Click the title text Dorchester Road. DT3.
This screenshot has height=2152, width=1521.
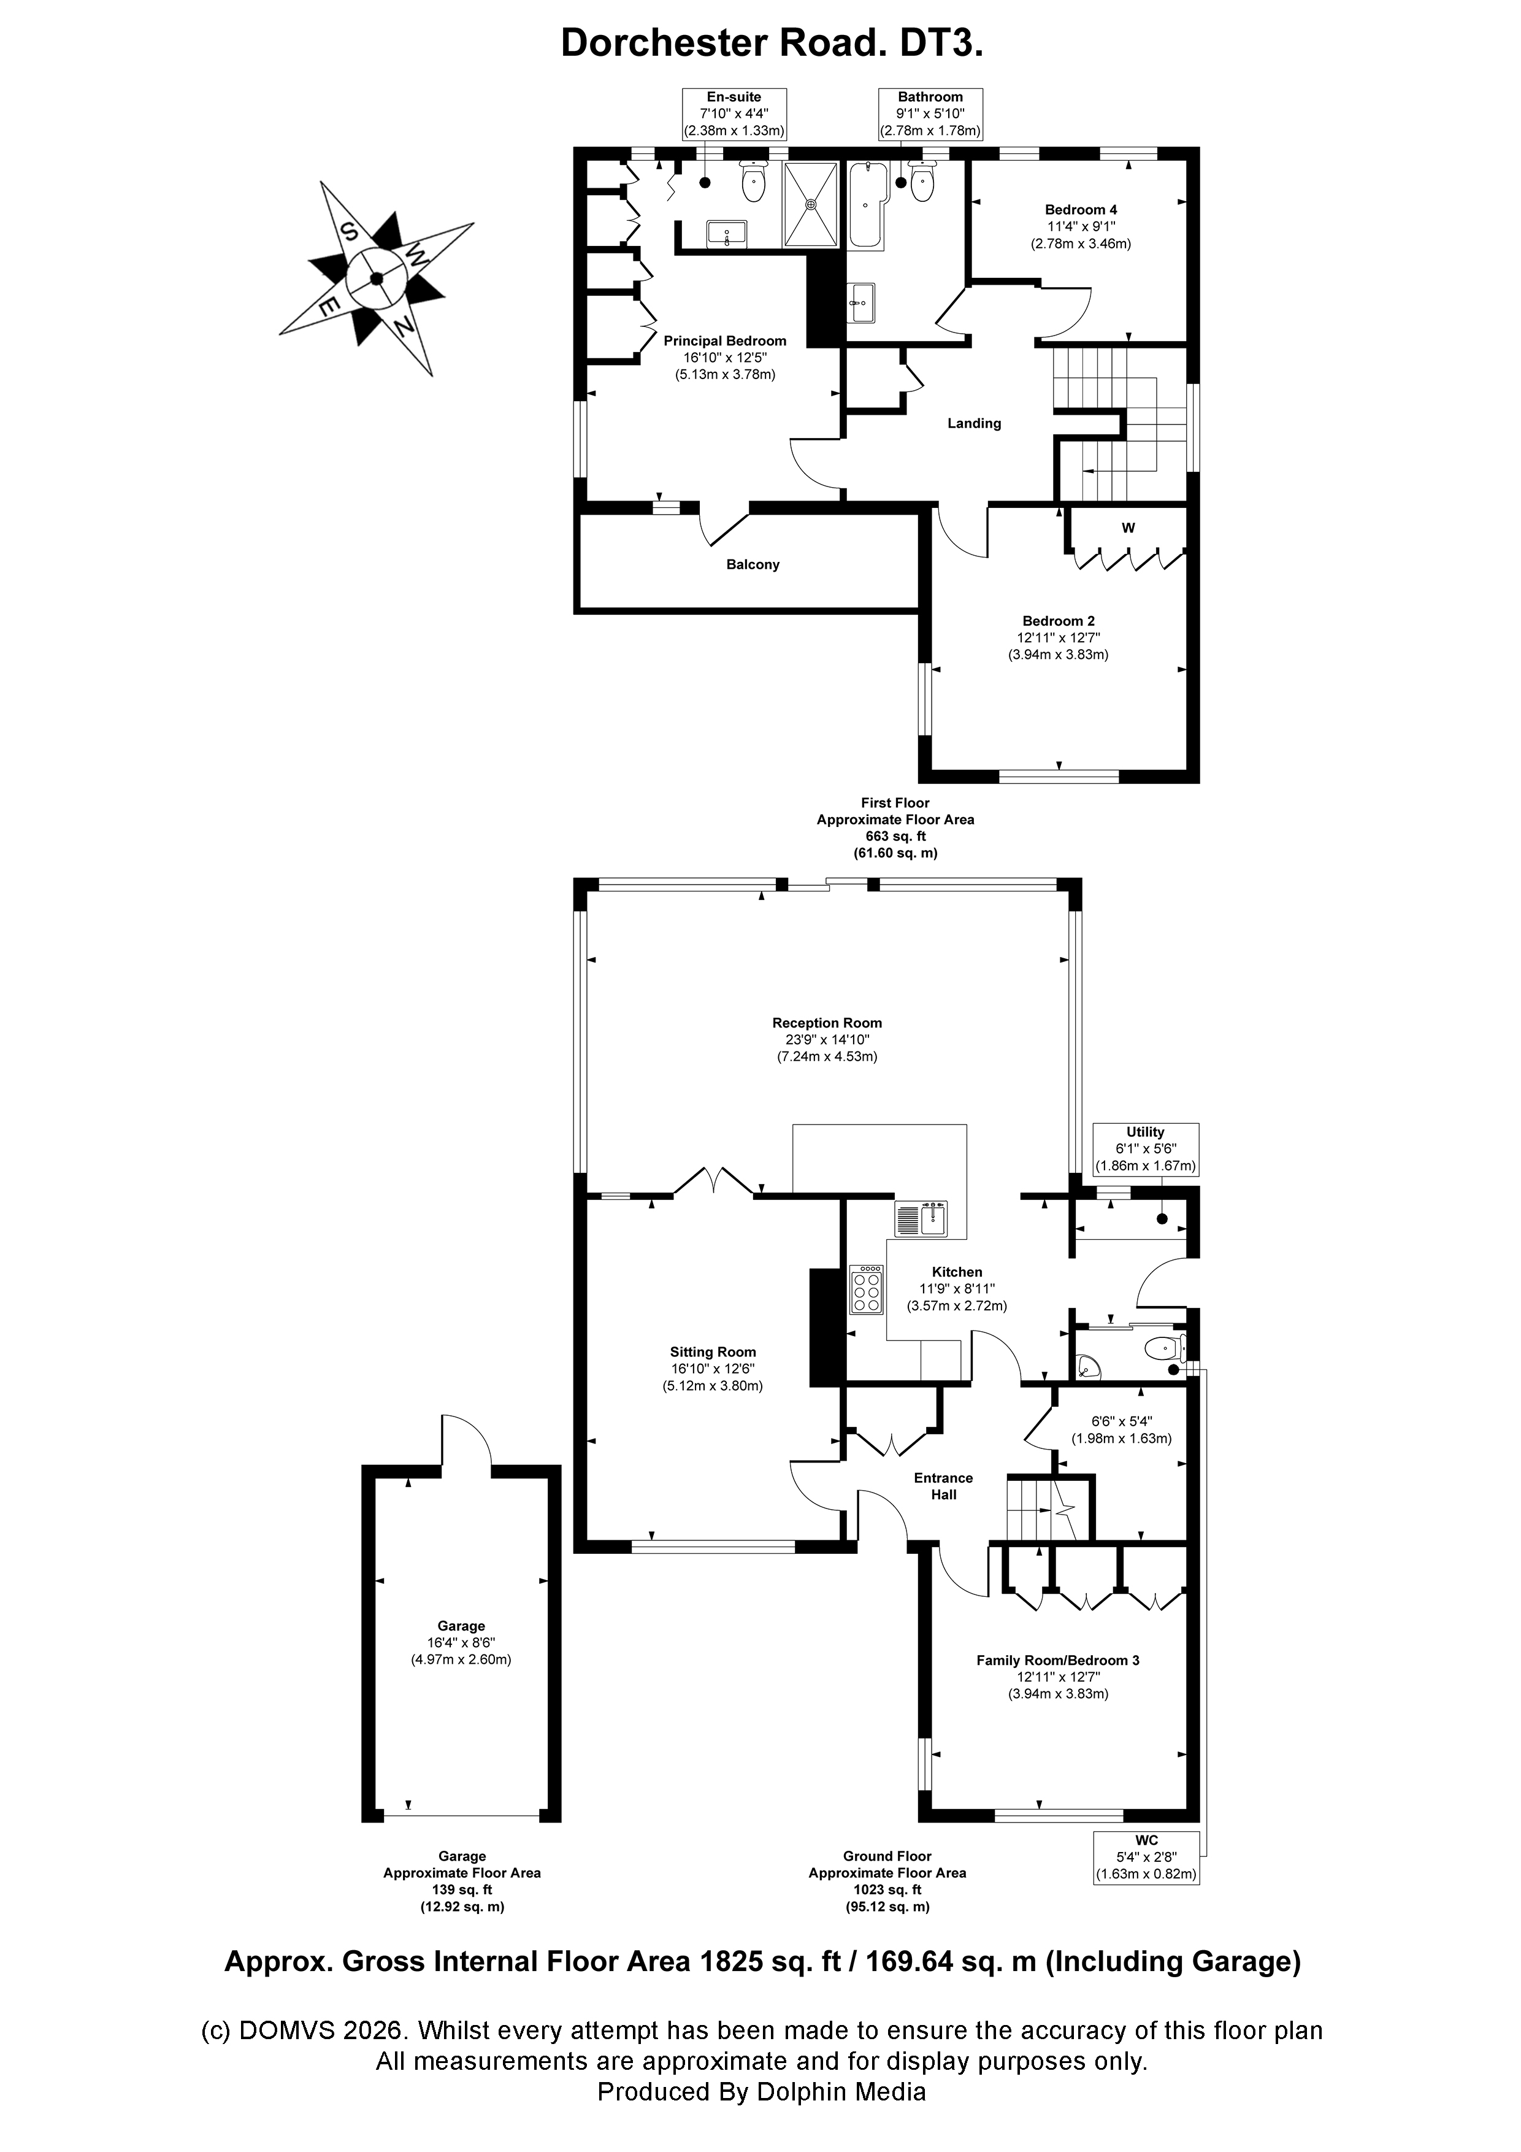click(772, 43)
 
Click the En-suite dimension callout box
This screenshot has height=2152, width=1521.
click(734, 114)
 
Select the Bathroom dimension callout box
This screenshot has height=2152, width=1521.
click(930, 114)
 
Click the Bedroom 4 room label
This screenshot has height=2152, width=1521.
click(1081, 210)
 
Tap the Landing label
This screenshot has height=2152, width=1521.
click(974, 424)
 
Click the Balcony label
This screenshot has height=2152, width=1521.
click(753, 564)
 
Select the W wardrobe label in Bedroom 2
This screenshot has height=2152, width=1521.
click(1128, 528)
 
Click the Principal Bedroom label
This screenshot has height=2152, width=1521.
click(724, 341)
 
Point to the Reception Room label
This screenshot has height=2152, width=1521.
click(827, 1023)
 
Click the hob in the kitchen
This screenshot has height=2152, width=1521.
click(866, 1289)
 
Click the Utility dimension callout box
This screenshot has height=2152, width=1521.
click(1145, 1149)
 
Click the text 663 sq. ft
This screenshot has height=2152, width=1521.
click(895, 836)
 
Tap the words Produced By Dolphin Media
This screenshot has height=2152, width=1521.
click(761, 2091)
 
